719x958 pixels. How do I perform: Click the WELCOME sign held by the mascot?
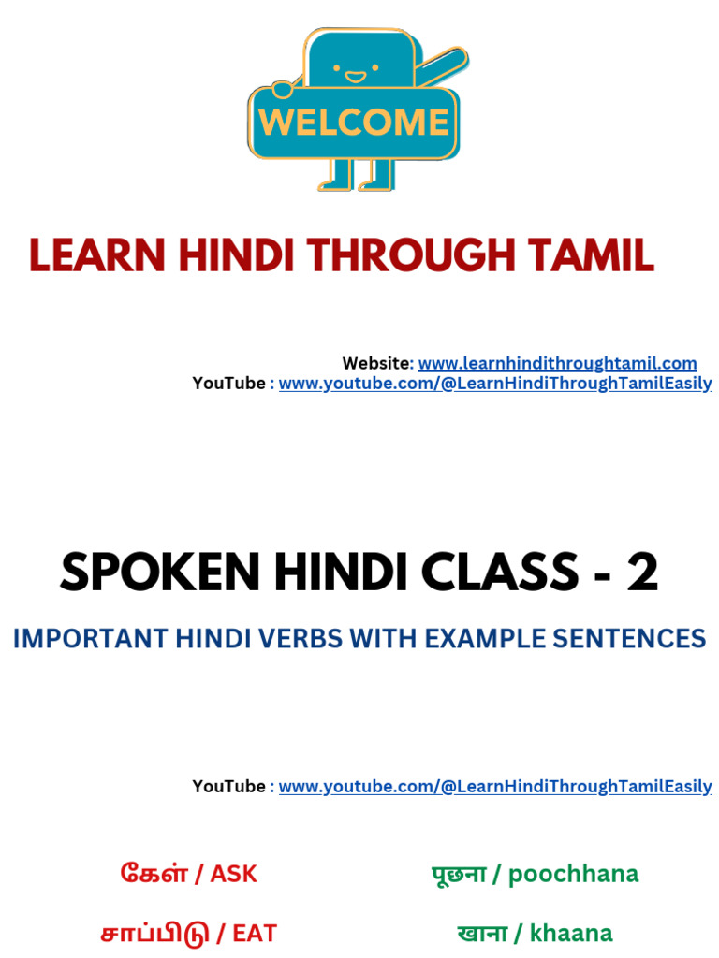pyautogui.click(x=354, y=123)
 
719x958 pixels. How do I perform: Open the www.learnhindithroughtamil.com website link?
pyautogui.click(x=557, y=363)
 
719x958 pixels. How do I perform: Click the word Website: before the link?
pyautogui.click(x=377, y=363)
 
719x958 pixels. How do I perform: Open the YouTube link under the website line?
pyautogui.click(x=495, y=384)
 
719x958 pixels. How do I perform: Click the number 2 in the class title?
pyautogui.click(x=642, y=573)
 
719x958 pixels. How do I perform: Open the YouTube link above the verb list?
pyautogui.click(x=495, y=787)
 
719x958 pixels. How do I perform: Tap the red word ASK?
pyautogui.click(x=233, y=875)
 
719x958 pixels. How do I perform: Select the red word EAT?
pyautogui.click(x=255, y=933)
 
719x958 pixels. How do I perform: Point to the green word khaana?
pyautogui.click(x=571, y=933)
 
